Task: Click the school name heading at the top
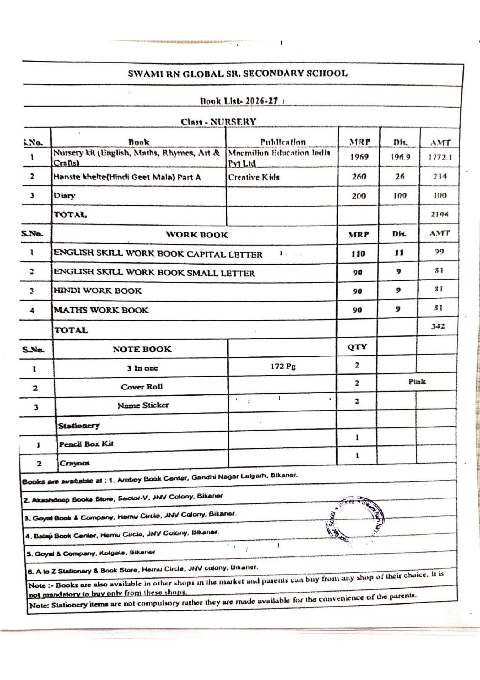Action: tap(238, 74)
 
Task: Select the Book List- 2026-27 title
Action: tap(240, 101)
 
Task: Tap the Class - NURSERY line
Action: tap(218, 121)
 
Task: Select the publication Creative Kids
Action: tap(254, 177)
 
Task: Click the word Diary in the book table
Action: tap(64, 196)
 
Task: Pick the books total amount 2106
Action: tap(440, 214)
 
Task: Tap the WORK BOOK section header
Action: tap(197, 235)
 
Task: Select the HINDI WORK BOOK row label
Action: tap(98, 291)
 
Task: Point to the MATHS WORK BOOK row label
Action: tap(101, 310)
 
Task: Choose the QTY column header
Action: tap(357, 347)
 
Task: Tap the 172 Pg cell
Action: tap(283, 366)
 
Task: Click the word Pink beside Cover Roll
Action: tap(417, 381)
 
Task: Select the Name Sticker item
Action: tap(143, 405)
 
